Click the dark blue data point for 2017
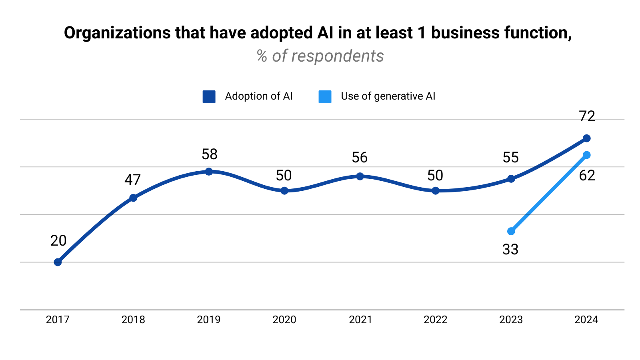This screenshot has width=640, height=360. (x=58, y=262)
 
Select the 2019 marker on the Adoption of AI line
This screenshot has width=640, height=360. (x=209, y=172)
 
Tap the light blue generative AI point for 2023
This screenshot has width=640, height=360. (x=511, y=231)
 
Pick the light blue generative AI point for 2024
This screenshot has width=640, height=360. (x=586, y=155)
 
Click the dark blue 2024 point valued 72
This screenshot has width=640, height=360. (x=586, y=138)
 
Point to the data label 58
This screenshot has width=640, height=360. (x=209, y=154)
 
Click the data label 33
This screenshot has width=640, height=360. (x=510, y=250)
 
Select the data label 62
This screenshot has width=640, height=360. (x=587, y=176)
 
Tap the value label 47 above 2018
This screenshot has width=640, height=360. (x=132, y=180)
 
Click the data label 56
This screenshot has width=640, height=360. (x=360, y=158)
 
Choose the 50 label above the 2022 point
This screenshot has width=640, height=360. (x=435, y=176)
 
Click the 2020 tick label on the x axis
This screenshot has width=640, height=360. (x=284, y=320)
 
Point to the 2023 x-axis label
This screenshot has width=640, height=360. (x=511, y=320)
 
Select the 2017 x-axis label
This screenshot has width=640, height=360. (x=58, y=320)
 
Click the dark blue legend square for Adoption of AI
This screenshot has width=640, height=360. (x=209, y=97)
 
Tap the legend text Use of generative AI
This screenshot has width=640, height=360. (x=388, y=96)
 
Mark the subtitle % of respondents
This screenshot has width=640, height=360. (x=320, y=56)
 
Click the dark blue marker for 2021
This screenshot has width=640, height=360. (x=360, y=176)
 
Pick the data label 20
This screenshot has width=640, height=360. (x=58, y=241)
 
